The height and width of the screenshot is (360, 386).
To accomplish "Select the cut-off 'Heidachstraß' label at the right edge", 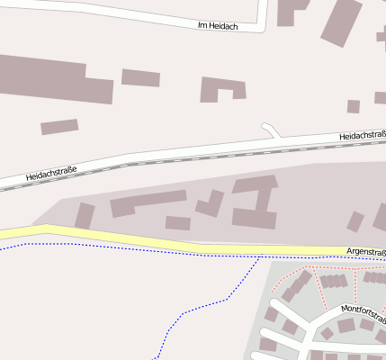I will click(x=362, y=136).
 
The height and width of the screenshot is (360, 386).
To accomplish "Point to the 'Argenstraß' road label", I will click(x=365, y=252).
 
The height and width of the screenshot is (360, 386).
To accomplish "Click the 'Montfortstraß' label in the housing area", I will click(x=363, y=313).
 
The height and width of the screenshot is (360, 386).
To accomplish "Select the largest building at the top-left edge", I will click(x=54, y=77).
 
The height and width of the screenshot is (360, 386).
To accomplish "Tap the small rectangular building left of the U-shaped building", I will click(x=140, y=77).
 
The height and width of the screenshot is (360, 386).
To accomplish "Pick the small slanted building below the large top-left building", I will click(x=59, y=127).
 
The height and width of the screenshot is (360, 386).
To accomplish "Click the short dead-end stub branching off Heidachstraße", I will click(x=271, y=131).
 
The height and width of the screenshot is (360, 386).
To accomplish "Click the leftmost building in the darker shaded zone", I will click(x=85, y=216).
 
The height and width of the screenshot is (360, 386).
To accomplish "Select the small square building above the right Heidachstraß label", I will click(x=353, y=106).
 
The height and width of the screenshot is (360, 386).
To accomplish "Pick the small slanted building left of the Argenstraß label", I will click(x=355, y=220).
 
